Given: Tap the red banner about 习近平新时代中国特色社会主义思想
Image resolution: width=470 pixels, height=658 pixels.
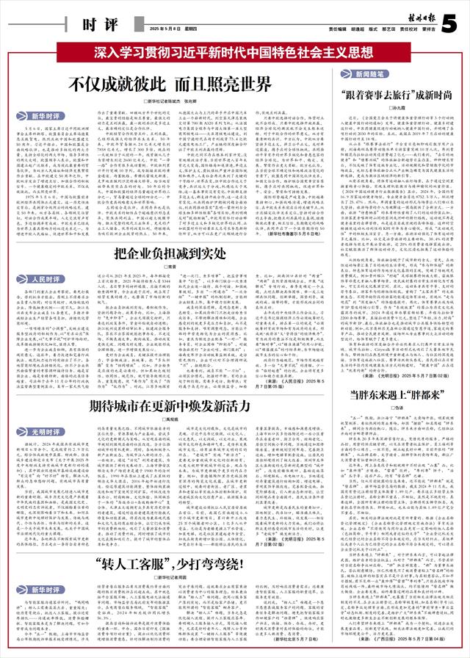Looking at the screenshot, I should [x=234, y=53].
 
